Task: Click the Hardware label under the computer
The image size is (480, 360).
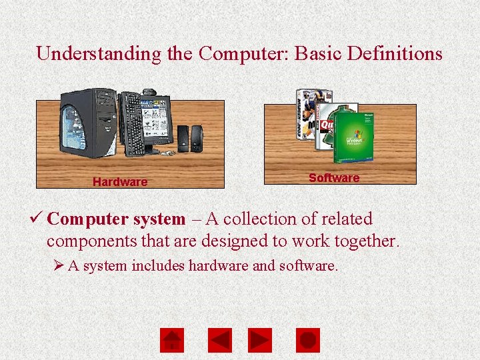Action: tap(120, 182)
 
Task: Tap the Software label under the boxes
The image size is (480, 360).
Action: tap(334, 178)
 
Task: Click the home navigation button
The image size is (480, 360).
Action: tap(172, 341)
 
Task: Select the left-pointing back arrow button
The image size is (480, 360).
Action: tap(219, 341)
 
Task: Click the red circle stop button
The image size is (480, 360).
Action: tap(307, 341)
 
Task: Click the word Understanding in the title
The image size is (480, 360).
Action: tap(99, 53)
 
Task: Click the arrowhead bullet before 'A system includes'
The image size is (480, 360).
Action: tap(59, 266)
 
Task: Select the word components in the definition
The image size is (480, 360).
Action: tap(91, 241)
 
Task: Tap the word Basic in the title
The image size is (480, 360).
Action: tap(313, 53)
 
